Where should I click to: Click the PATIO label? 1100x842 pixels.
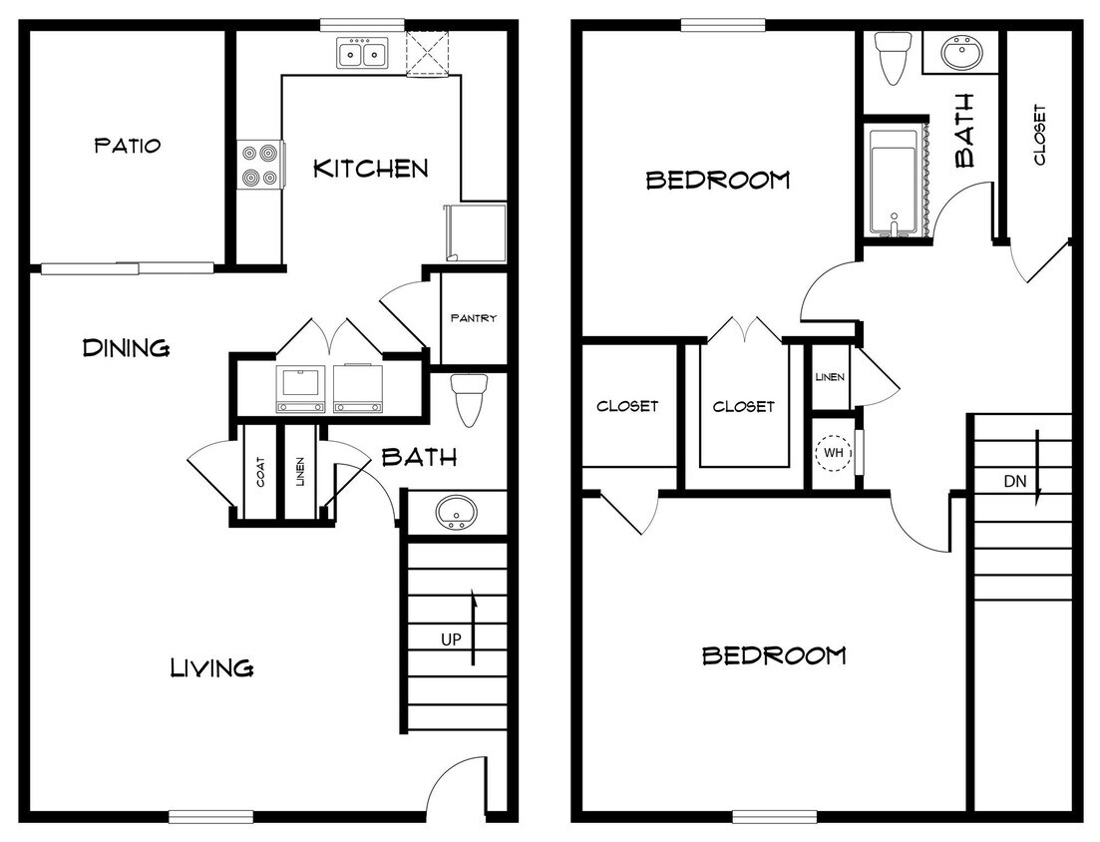(x=127, y=146)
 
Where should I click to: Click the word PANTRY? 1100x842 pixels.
(x=474, y=318)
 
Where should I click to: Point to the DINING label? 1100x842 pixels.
(x=126, y=348)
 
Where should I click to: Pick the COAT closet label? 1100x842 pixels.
(x=260, y=472)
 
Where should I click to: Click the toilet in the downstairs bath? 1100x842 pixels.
(x=467, y=398)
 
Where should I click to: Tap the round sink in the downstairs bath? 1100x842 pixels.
(x=457, y=513)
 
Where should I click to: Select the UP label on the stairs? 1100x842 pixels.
(x=451, y=638)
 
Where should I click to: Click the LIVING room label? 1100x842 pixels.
(x=211, y=666)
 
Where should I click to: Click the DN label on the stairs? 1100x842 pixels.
(x=1014, y=482)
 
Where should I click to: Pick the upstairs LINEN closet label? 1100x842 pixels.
(x=830, y=377)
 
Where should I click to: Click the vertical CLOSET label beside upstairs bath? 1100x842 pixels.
(x=1039, y=135)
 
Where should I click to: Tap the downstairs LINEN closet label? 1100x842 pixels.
(x=300, y=472)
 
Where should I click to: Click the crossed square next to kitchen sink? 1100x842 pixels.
(x=429, y=53)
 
